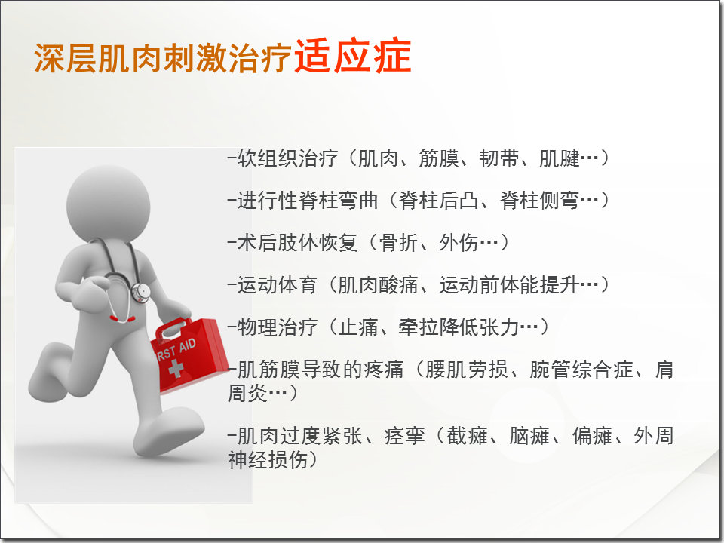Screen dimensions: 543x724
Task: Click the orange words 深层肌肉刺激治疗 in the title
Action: coord(163,58)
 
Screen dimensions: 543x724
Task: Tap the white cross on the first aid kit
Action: coord(176,367)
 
